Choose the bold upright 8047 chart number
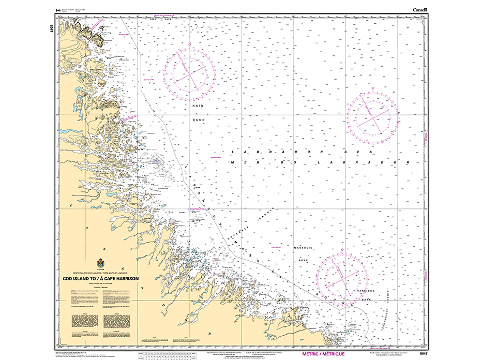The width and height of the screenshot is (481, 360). (x=424, y=354)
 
